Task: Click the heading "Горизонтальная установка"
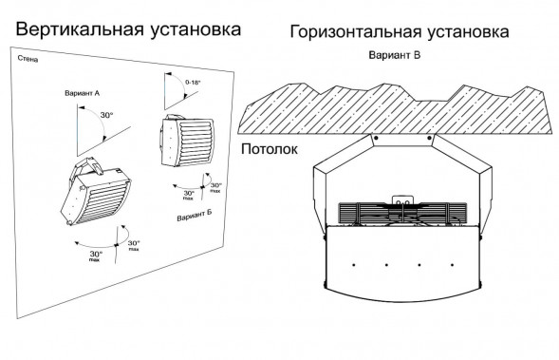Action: point(400,32)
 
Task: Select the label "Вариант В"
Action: point(394,56)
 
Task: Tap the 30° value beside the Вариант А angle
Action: point(106,116)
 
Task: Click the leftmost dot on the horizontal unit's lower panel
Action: point(352,263)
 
